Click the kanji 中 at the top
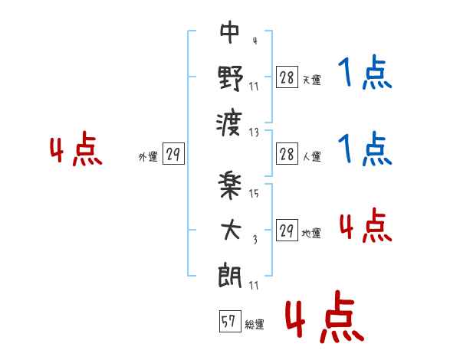(x=229, y=34)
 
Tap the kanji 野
(x=229, y=77)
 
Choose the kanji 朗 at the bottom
(x=229, y=273)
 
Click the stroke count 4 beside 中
(x=254, y=41)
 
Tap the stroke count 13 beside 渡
(x=254, y=132)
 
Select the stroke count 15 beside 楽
(x=254, y=194)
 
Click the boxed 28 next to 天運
(x=286, y=77)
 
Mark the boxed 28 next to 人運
(x=286, y=153)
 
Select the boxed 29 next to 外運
(x=172, y=155)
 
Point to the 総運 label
(x=255, y=325)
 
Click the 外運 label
(x=148, y=157)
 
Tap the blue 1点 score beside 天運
(x=365, y=74)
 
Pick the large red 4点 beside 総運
(x=324, y=320)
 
